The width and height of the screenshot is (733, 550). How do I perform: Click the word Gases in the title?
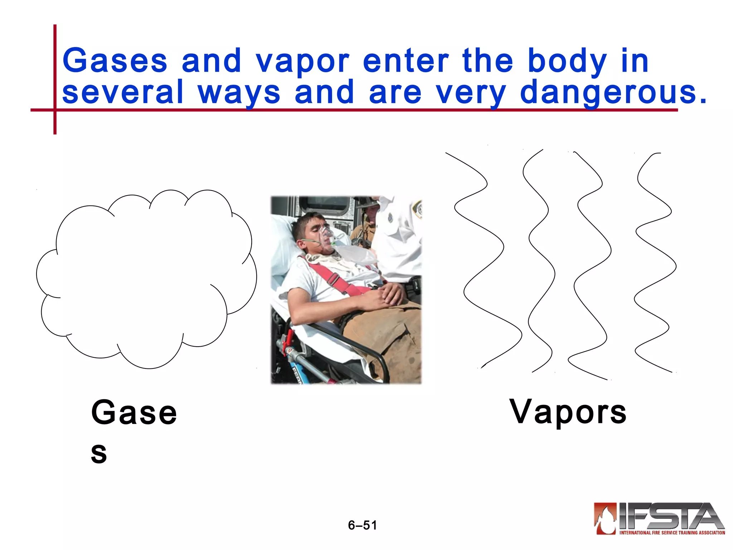[115, 61]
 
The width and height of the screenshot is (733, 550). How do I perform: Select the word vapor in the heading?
[302, 62]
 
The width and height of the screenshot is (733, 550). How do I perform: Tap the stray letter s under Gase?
[99, 453]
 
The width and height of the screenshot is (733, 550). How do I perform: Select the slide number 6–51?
[363, 525]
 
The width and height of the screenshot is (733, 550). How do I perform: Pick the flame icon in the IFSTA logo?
[605, 518]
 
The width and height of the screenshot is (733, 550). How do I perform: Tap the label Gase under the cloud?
[134, 413]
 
